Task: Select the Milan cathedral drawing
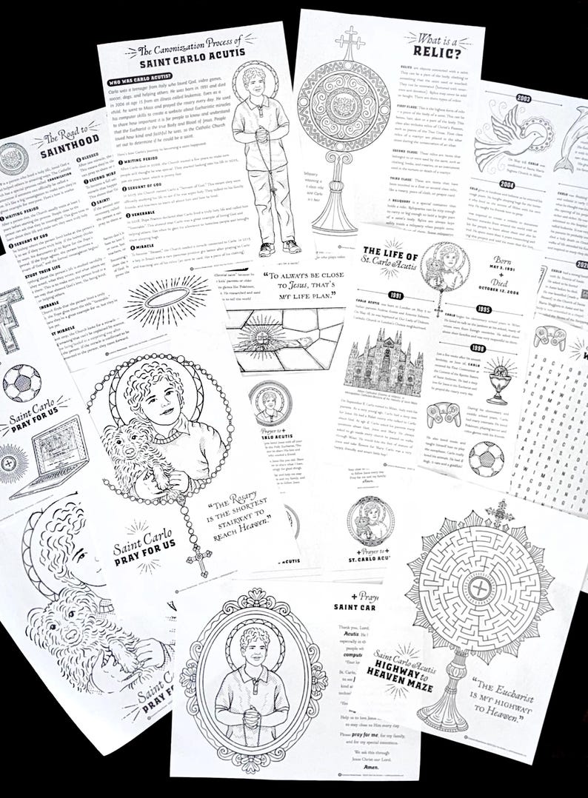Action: (x=384, y=361)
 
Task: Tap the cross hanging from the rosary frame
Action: (x=198, y=560)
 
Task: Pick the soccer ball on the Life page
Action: (x=486, y=459)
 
